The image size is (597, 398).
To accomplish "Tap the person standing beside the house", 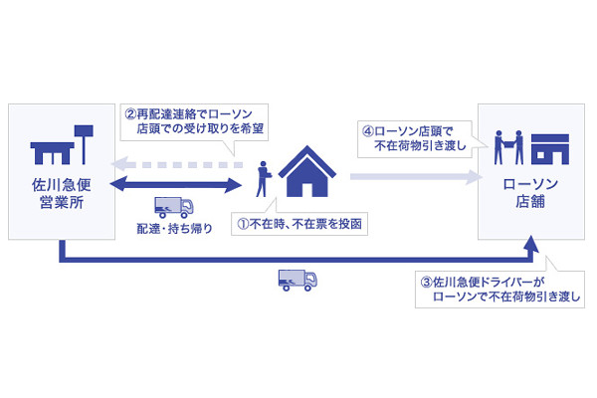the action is (263, 179).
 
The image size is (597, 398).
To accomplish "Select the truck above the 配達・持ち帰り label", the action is (174, 207).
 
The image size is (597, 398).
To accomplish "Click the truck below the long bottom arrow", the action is (298, 281).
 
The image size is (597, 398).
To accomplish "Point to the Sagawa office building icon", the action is (62, 145).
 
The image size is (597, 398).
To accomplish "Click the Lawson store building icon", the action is (550, 149).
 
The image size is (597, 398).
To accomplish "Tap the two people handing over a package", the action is (508, 147).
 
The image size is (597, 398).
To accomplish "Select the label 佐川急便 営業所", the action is (62, 193).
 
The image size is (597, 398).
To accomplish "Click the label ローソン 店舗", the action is (530, 193).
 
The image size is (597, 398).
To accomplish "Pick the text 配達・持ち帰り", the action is (174, 229).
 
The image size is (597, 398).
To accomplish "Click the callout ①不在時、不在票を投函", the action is (299, 224).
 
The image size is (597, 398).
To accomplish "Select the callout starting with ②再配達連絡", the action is (194, 121).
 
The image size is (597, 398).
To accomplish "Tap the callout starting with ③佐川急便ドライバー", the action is (499, 289).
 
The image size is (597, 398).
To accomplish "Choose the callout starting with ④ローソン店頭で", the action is (415, 139).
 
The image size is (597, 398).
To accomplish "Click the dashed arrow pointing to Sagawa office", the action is (176, 165).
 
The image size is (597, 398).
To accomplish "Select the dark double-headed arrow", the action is (175, 185).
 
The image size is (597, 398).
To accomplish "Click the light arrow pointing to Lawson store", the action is (416, 177).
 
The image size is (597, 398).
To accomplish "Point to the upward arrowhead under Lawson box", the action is (531, 244).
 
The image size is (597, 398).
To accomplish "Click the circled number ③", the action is (427, 283).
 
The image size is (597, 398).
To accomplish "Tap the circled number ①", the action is (243, 224).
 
